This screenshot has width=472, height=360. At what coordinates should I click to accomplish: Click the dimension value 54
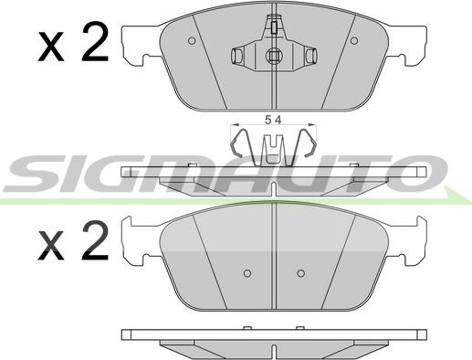pyautogui.click(x=273, y=121)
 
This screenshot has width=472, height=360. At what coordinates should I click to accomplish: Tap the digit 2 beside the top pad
pyautogui.click(x=95, y=42)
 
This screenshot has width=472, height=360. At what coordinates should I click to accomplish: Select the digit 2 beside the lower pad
pyautogui.click(x=95, y=240)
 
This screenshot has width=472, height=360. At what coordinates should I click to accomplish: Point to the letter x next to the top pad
pyautogui.click(x=51, y=48)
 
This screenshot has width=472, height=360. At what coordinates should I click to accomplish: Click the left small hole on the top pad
pyautogui.click(x=192, y=40)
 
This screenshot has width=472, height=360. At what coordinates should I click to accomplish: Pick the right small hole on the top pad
pyautogui.click(x=354, y=40)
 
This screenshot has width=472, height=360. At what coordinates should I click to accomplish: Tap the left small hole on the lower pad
pyautogui.click(x=247, y=273)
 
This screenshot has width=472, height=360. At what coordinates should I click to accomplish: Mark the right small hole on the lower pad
pyautogui.click(x=301, y=273)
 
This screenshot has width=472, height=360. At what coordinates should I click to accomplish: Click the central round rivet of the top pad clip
pyautogui.click(x=274, y=56)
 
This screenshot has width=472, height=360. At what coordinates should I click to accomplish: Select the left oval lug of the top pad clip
pyautogui.click(x=236, y=56)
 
